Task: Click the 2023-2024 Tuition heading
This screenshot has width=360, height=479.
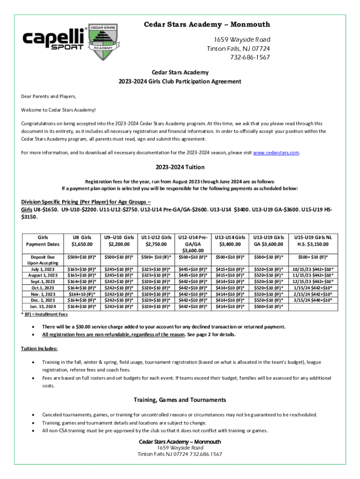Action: (x=180, y=167)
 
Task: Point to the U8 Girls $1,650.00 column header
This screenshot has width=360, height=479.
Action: (x=82, y=241)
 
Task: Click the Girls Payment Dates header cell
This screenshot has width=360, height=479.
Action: (x=43, y=241)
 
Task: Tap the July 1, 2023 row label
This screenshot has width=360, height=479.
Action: (x=43, y=269)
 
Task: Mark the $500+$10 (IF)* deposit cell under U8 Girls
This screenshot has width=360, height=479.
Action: (x=82, y=257)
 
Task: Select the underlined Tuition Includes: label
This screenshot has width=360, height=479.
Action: (x=39, y=349)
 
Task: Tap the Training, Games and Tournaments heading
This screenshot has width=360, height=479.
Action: (x=180, y=400)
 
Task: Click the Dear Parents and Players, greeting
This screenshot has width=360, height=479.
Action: (x=48, y=96)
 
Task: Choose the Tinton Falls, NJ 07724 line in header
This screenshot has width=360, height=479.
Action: (x=238, y=49)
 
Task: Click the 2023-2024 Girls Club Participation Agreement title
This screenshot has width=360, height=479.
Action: (x=180, y=81)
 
